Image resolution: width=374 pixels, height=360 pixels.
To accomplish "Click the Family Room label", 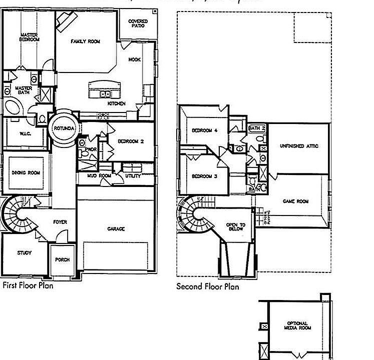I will coord(85,41).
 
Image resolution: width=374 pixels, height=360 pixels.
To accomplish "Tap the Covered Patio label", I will coord(138,23).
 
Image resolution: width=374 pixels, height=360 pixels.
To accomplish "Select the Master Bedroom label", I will coord(29,37).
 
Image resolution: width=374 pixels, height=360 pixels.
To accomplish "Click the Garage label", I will coord(116,229).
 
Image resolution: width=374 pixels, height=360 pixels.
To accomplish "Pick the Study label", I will coord(24,253).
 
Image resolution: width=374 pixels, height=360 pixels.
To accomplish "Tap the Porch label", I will coord(63,260).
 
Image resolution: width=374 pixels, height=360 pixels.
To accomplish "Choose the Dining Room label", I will coord(26,173).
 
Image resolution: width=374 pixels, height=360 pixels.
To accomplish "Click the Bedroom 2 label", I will coord(131,141).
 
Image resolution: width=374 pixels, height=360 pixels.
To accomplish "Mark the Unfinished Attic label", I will coord(299,146).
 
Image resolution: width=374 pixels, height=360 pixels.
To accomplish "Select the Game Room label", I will coord(295,201).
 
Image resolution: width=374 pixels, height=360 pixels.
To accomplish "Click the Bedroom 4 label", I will coord(204,130).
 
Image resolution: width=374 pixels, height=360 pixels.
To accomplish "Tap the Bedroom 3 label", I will coord(204,176).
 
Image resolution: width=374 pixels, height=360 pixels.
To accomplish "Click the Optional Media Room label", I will coord(299,325).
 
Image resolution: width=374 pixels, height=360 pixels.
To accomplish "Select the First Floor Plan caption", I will coord(28,286).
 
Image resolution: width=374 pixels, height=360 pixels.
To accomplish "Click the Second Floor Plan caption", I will coord(208,286).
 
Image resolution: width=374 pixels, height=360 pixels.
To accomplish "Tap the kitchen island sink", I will coord(105,93).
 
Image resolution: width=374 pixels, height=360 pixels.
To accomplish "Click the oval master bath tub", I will coord(13,108).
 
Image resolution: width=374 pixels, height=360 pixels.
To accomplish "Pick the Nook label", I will coord(134,59).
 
